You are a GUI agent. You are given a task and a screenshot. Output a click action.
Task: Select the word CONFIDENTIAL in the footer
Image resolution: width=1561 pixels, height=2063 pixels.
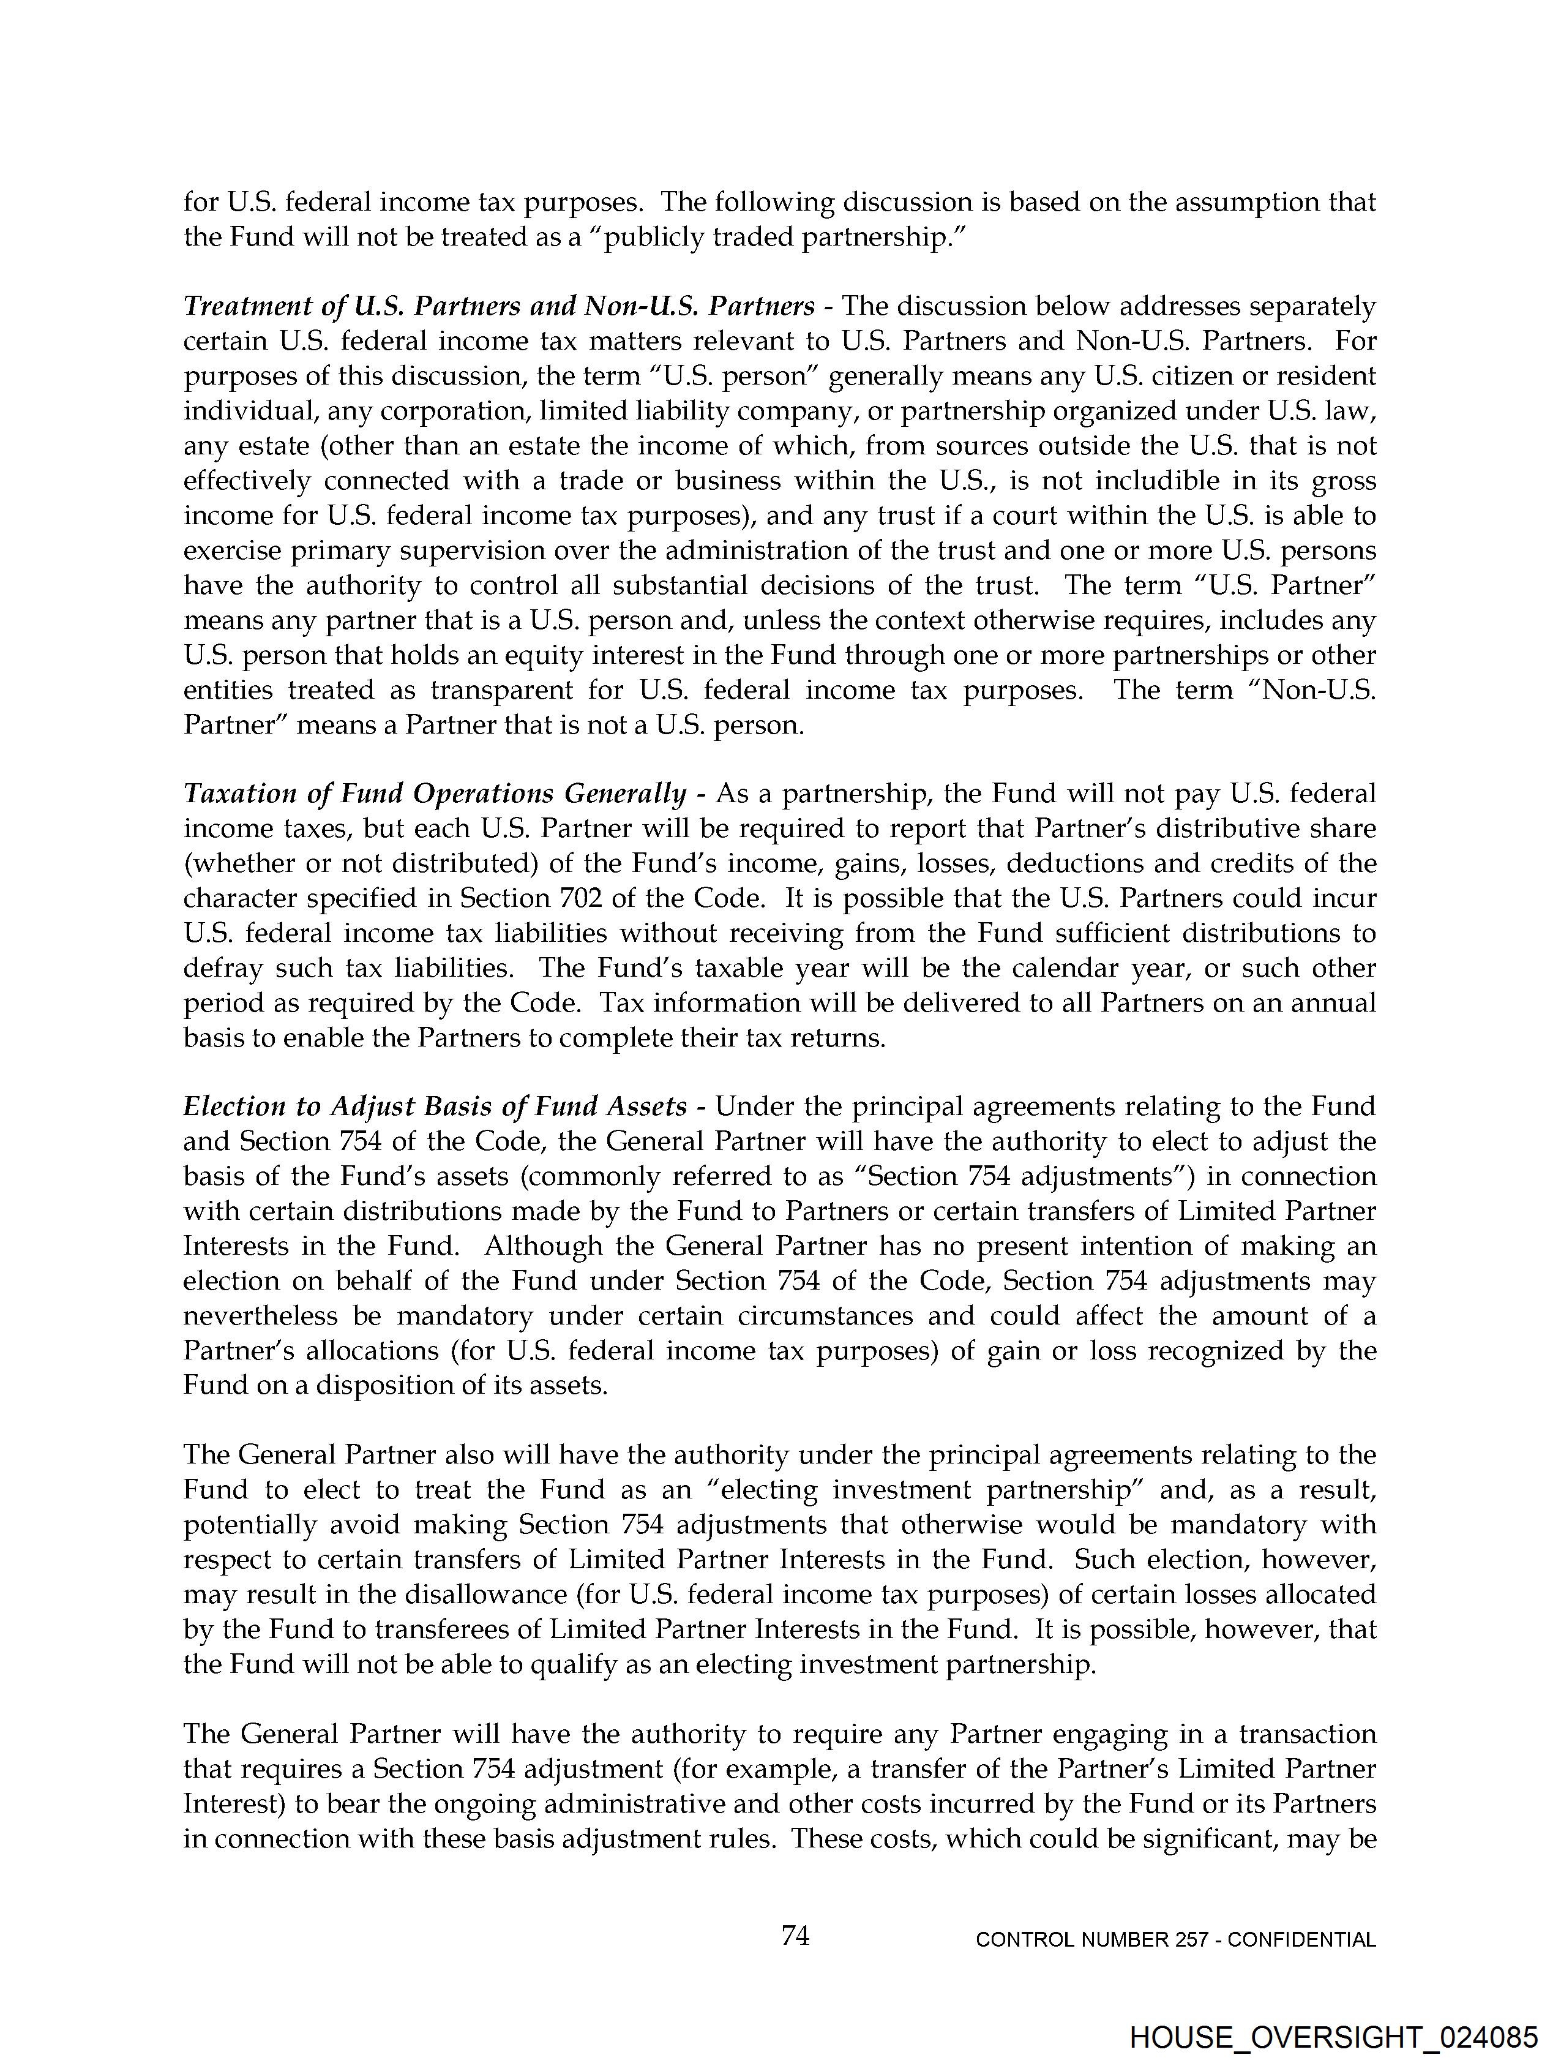(1302, 1940)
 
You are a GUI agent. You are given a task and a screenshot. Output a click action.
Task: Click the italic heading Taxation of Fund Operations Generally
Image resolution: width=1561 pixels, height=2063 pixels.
(435, 794)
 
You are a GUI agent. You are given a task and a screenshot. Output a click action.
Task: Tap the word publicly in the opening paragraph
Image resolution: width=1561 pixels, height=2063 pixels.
(666, 237)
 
